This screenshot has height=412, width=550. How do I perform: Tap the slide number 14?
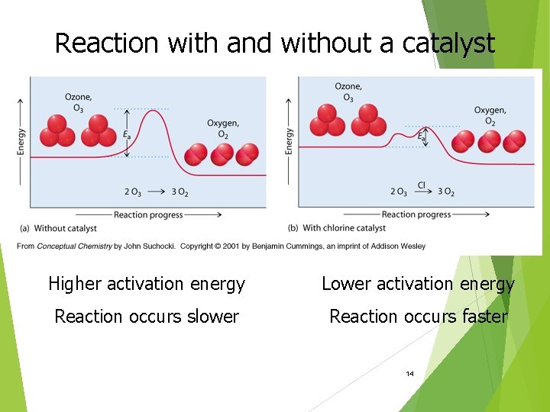[410, 374]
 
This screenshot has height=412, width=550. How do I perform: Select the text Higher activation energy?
[147, 284]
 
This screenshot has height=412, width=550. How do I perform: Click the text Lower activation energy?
[418, 284]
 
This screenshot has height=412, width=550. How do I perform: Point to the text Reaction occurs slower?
[147, 316]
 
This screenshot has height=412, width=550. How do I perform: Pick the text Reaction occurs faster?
[418, 316]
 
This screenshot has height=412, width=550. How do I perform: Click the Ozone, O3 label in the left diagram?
[79, 101]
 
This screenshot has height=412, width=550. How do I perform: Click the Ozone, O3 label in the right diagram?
[348, 92]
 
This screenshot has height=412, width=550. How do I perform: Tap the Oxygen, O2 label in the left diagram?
[223, 128]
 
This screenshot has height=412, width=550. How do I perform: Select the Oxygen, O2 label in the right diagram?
[490, 116]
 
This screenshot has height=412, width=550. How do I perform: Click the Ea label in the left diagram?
[126, 135]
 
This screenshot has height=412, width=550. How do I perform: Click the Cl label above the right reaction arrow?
[421, 185]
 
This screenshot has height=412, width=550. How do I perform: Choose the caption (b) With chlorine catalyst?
[337, 228]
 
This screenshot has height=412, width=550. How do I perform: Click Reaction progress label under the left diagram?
[148, 215]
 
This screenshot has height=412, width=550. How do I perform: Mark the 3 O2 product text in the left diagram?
[180, 192]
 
